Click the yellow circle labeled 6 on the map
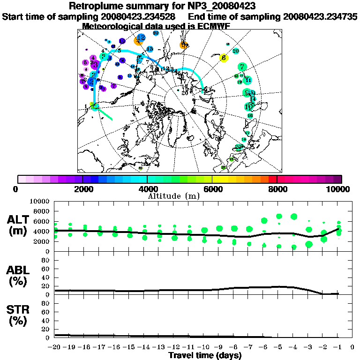click(x=224, y=58)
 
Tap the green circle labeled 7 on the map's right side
click(x=242, y=67)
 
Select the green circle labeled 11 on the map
click(x=248, y=80)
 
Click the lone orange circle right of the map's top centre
click(x=184, y=45)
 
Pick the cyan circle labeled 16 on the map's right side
click(x=250, y=115)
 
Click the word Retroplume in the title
click(x=94, y=7)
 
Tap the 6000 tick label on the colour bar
click(x=212, y=189)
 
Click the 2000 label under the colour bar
click(x=82, y=189)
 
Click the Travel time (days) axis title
click(x=204, y=356)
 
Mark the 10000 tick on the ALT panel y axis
click(x=39, y=201)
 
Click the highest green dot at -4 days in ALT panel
click(x=294, y=217)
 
